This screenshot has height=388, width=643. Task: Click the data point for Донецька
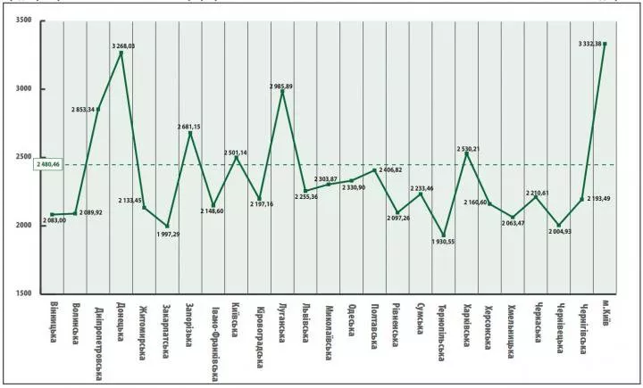pyautogui.click(x=121, y=53)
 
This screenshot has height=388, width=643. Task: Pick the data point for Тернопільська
pyautogui.click(x=444, y=235)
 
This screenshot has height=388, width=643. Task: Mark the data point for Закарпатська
pyautogui.click(x=168, y=226)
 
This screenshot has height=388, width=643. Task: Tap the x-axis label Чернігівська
pyautogui.click(x=582, y=330)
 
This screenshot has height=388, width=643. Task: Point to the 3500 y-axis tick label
pyautogui.click(x=23, y=21)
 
